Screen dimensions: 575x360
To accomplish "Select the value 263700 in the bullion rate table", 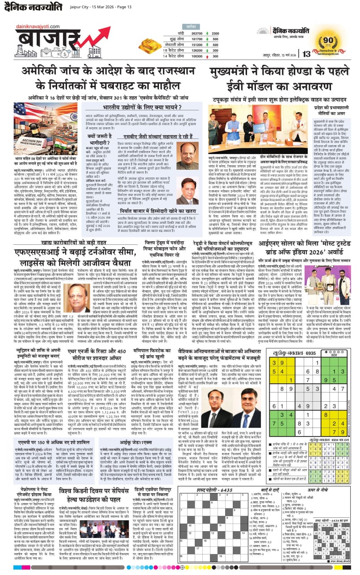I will pos(197,34).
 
